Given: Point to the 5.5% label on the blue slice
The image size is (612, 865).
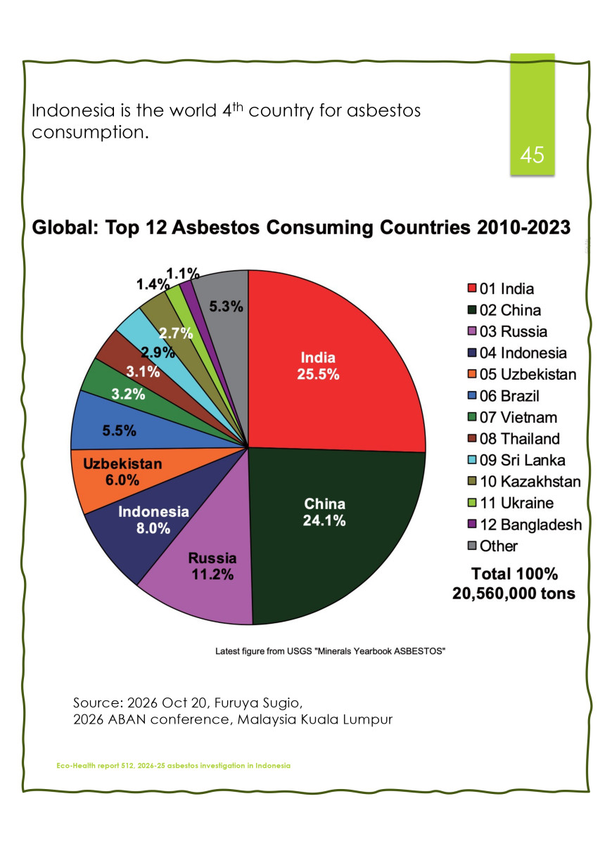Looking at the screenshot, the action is coord(119,430).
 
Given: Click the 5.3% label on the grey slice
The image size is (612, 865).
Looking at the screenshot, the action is coord(226,307).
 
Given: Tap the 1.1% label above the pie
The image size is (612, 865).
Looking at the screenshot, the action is coord(183,274).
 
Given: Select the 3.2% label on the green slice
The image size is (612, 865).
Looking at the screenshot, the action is coord(128,395).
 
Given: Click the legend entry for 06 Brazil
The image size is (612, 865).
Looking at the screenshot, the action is coord(503,396).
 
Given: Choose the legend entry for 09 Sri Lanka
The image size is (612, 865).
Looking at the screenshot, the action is coord(516,461).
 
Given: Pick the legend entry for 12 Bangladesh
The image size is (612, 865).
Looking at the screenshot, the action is coord(524,525).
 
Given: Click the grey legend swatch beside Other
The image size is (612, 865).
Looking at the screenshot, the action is coord(472,546).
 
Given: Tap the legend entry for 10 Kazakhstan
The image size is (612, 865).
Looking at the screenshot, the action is coord(524,482).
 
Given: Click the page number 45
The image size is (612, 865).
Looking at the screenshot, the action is coord(532,155).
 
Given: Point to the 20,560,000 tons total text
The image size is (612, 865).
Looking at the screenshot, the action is coord(514,594).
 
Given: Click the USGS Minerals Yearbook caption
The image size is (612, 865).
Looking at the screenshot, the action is coord(331,651).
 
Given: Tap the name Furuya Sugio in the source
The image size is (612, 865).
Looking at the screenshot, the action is coord(258,703).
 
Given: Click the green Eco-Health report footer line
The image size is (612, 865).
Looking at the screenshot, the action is coord(174,765).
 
